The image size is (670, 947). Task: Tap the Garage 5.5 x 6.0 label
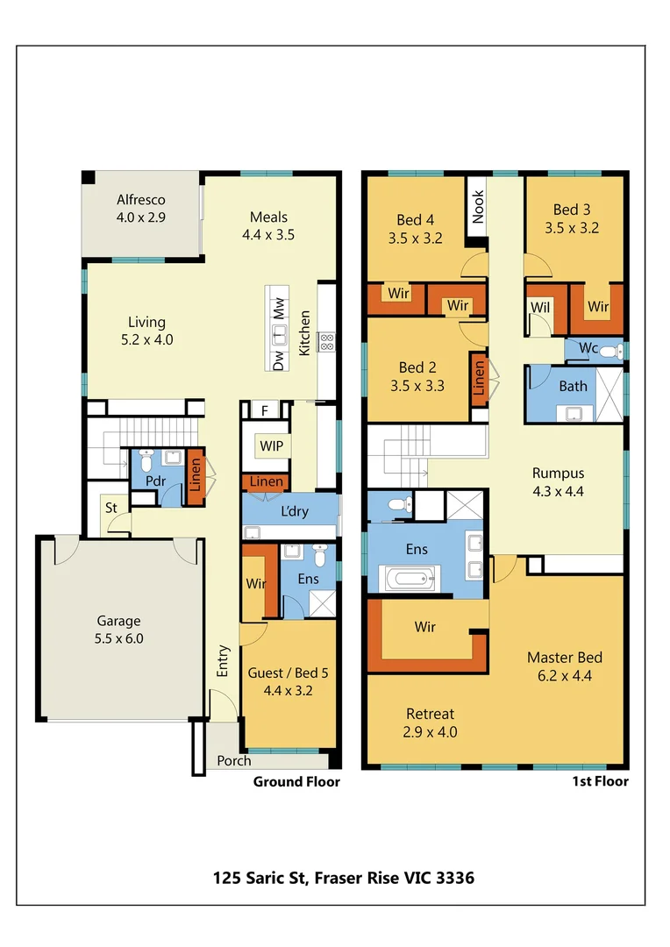pos(118,630)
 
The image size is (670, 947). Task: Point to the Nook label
pos(478,207)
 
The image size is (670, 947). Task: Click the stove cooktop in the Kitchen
pos(325,341)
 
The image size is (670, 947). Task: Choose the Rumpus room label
pos(558,481)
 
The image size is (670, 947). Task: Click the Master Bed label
pos(565,666)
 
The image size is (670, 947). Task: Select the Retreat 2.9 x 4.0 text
pos(430,723)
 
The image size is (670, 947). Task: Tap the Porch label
pos(233,760)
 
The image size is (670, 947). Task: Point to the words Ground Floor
pos(296,781)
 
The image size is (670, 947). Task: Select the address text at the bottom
pos(344,877)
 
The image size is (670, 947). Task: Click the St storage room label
pos(111,508)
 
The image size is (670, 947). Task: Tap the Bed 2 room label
pos(417,375)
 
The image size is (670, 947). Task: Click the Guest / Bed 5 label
pos(289,681)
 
